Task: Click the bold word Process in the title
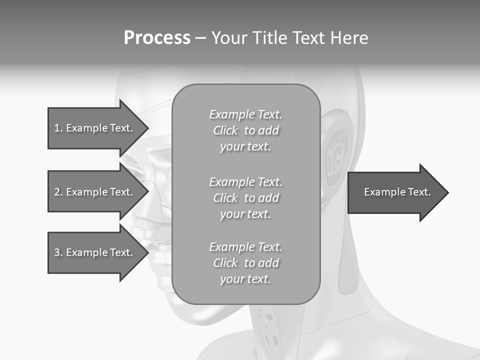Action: pos(157,38)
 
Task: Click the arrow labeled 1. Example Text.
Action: pos(95,128)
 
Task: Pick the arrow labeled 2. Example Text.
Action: pos(95,192)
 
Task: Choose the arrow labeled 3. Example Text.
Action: pos(95,252)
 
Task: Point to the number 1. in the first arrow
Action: pos(58,128)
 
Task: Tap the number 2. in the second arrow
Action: pos(58,192)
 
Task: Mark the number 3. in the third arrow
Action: pos(58,252)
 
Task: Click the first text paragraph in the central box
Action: pos(245,130)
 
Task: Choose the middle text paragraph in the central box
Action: pos(245,198)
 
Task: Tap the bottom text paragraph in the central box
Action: pos(245,263)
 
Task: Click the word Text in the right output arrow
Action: pos(419,192)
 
